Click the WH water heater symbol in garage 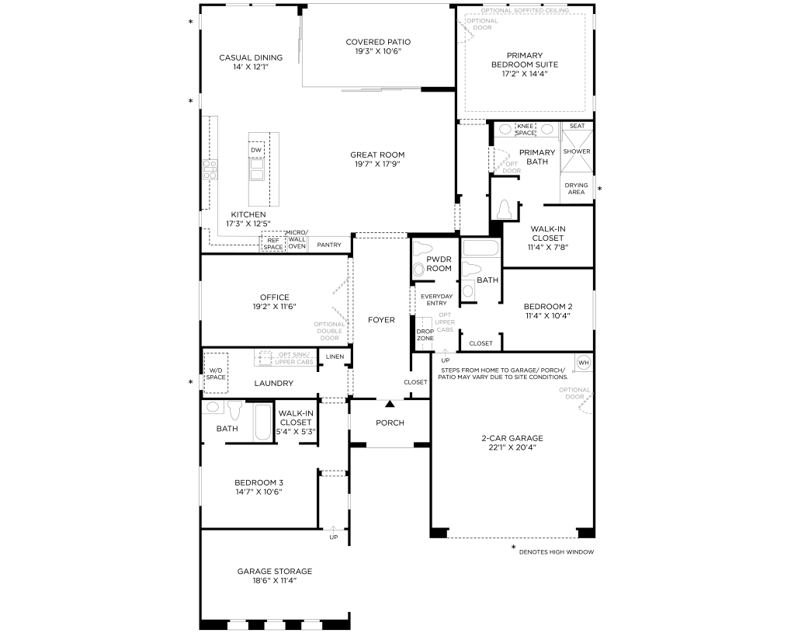(x=584, y=363)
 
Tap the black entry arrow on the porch (x=390, y=403)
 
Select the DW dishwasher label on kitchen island (x=256, y=150)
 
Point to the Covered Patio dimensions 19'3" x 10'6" (x=378, y=52)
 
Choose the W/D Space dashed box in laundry (x=216, y=373)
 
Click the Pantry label (x=330, y=245)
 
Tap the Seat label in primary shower (x=577, y=126)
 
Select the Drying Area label (x=576, y=188)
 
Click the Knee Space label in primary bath (x=526, y=129)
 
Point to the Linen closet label (x=335, y=356)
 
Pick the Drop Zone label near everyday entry (x=425, y=335)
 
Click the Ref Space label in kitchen (x=272, y=243)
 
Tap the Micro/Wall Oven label (x=297, y=240)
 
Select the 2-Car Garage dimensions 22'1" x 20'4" (x=512, y=447)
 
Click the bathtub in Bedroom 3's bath (x=264, y=422)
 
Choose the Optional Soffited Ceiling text (x=524, y=11)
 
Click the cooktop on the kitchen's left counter (x=210, y=169)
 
